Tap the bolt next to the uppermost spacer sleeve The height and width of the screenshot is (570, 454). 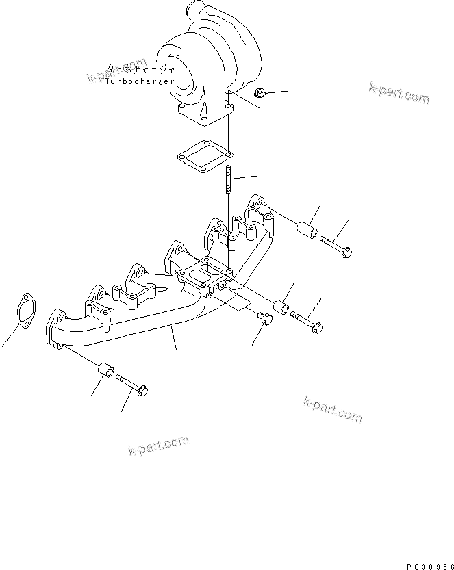coord(336,246)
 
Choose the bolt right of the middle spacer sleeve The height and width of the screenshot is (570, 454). coord(307,321)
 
